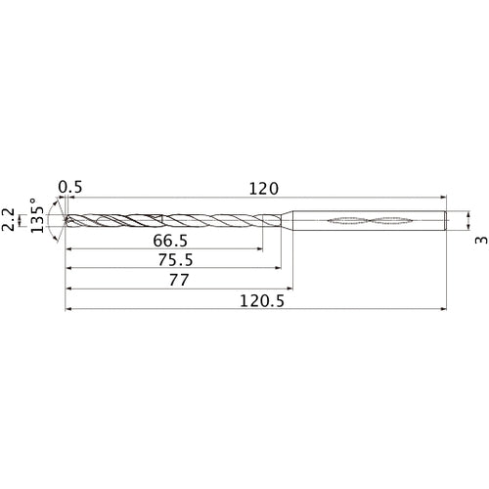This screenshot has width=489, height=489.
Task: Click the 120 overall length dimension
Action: click(264, 188)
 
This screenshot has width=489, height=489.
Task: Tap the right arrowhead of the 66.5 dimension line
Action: click(260, 251)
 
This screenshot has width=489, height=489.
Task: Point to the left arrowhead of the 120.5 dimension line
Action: click(68, 310)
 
